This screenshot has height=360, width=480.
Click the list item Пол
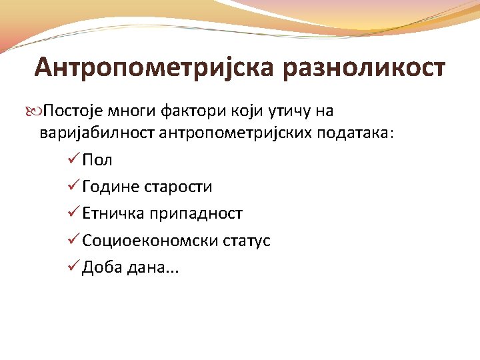[x=97, y=160]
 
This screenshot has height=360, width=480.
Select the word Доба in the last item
[x=101, y=267]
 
